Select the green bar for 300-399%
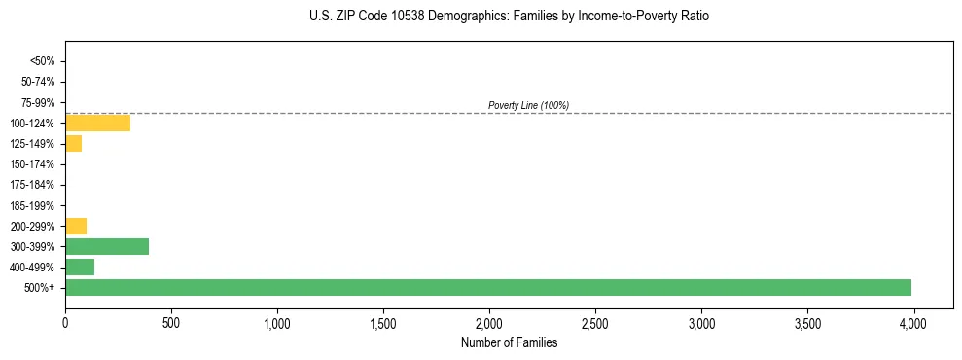coord(107,246)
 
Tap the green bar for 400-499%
coord(80,267)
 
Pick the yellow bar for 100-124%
coord(97,123)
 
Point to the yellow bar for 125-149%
coord(73,144)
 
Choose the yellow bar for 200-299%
coord(76,226)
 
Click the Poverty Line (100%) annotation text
coord(528,105)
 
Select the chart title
coord(509,17)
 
